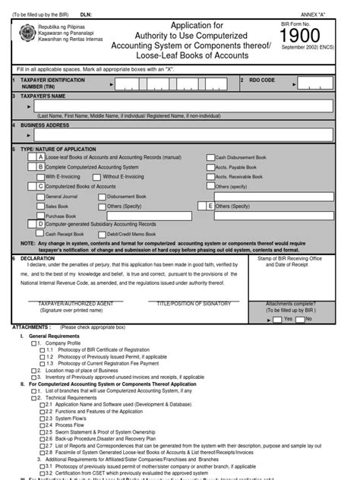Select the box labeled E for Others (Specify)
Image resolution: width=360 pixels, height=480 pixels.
coord(210,206)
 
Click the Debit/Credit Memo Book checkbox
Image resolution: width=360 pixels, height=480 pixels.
coord(103,235)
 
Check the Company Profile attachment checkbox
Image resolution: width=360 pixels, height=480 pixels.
coord(33,343)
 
